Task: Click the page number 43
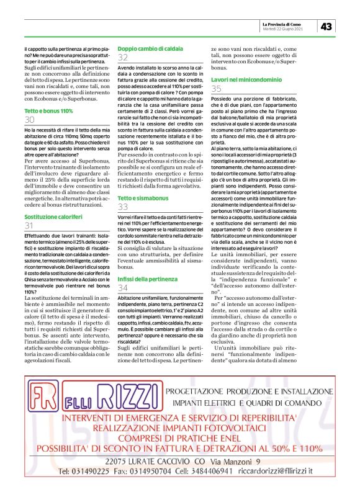pos(328,25)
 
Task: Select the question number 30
pos(29,119)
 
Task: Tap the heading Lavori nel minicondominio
pos(247,80)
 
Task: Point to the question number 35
pos(217,89)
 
